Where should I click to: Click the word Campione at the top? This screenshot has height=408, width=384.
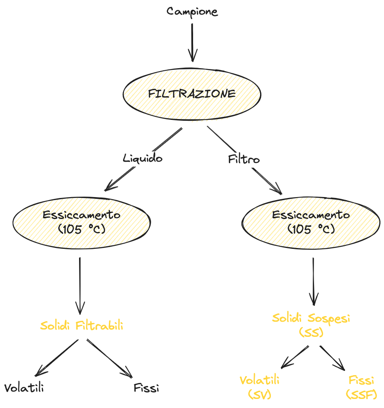pyautogui.click(x=192, y=12)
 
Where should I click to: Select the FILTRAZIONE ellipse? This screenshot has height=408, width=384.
pyautogui.click(x=192, y=94)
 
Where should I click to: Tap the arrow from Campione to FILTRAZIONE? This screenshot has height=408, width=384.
pyautogui.click(x=192, y=42)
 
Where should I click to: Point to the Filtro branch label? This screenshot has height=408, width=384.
pyautogui.click(x=244, y=160)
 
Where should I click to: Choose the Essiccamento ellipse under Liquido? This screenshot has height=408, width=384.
pyautogui.click(x=82, y=222)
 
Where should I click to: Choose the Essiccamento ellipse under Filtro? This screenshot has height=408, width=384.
pyautogui.click(x=311, y=222)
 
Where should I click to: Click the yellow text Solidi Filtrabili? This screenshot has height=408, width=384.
pyautogui.click(x=82, y=326)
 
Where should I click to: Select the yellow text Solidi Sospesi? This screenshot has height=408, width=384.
pyautogui.click(x=311, y=318)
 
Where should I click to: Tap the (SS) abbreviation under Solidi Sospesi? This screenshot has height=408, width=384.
pyautogui.click(x=311, y=332)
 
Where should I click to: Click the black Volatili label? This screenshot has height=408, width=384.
pyautogui.click(x=24, y=388)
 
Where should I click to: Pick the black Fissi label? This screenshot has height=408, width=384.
pyautogui.click(x=146, y=388)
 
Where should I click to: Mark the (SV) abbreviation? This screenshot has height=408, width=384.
pyautogui.click(x=260, y=393)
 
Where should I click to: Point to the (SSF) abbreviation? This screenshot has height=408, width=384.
pyautogui.click(x=361, y=393)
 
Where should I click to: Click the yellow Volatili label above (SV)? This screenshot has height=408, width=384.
pyautogui.click(x=260, y=380)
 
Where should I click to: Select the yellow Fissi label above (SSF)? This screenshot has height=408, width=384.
pyautogui.click(x=362, y=380)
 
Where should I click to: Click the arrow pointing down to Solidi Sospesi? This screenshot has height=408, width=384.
pyautogui.click(x=314, y=280)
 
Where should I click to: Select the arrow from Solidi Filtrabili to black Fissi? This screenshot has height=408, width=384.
pyautogui.click(x=109, y=358)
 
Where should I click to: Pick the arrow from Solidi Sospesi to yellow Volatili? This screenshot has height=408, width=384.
pyautogui.click(x=295, y=357)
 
